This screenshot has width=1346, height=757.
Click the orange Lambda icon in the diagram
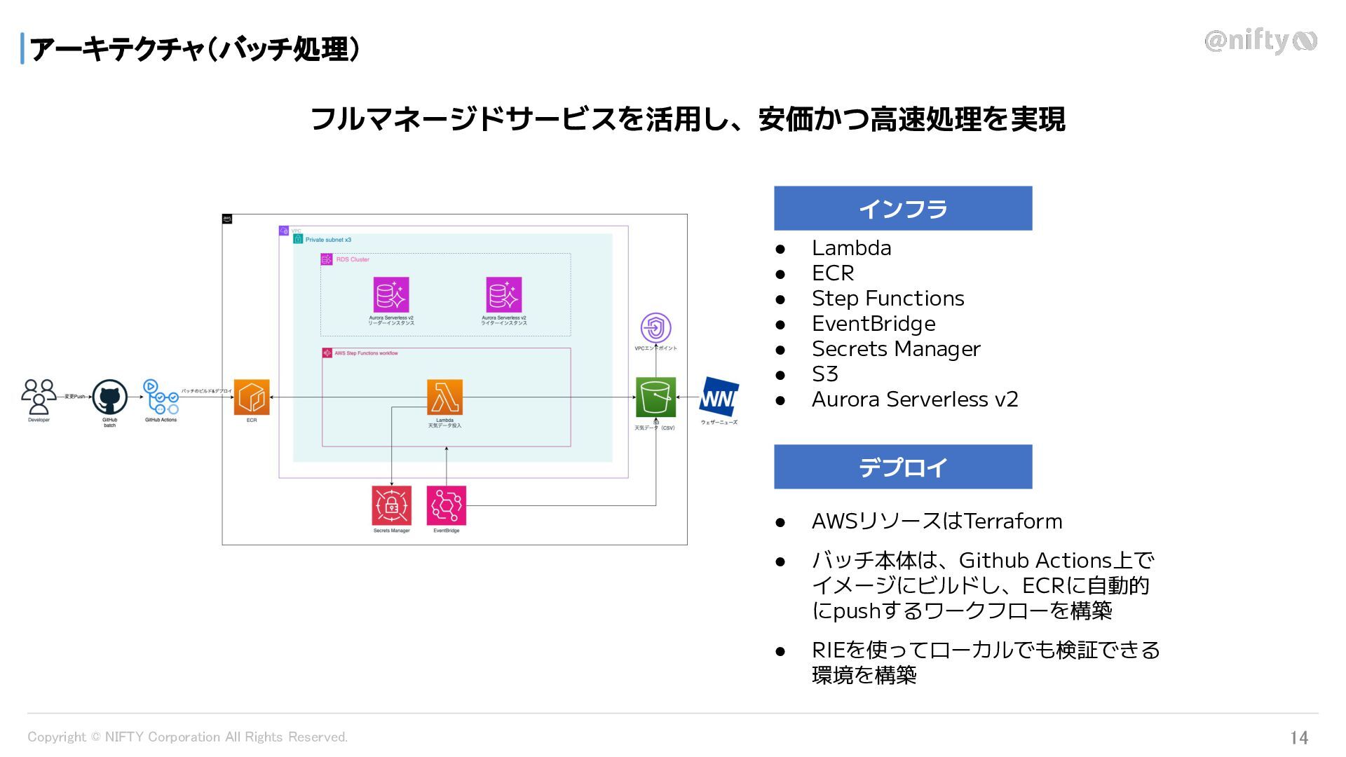tap(444, 397)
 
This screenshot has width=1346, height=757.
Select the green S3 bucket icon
tap(655, 397)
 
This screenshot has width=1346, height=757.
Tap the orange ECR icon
tap(252, 397)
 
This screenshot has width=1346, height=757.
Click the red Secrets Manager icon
tap(391, 505)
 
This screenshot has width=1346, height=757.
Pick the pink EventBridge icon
tap(446, 505)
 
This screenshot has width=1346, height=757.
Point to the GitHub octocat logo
tap(110, 397)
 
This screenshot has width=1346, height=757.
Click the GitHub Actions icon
tap(161, 397)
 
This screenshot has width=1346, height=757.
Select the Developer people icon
tap(39, 397)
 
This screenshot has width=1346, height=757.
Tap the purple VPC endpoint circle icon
tap(655, 328)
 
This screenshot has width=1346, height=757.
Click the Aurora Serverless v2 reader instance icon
tap(391, 295)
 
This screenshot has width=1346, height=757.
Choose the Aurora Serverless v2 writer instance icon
tap(503, 295)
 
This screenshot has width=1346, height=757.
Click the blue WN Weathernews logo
tap(719, 397)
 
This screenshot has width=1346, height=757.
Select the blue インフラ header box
tap(903, 208)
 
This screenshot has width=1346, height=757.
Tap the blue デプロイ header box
tap(903, 467)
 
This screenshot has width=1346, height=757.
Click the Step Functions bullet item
tap(888, 299)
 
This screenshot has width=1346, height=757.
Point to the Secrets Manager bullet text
tap(896, 349)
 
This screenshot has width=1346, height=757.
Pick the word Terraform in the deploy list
tap(1013, 521)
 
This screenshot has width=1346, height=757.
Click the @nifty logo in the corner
tap(1260, 41)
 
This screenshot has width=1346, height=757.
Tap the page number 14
tap(1299, 737)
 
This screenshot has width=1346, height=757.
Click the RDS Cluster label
tap(352, 259)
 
